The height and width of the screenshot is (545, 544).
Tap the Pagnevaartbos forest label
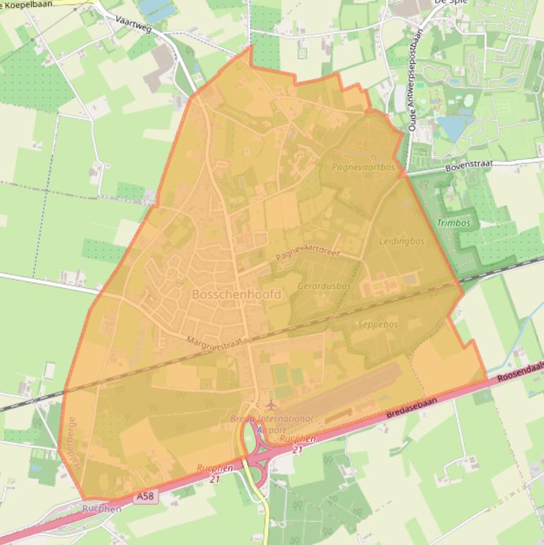[x=363, y=168]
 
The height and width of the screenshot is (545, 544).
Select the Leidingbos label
[x=402, y=241]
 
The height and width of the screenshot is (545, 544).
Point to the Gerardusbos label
[x=324, y=286]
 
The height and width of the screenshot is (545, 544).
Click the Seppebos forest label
[x=378, y=324]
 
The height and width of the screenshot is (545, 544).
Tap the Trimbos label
[x=453, y=223]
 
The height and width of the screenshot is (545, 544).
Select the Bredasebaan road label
[x=422, y=411]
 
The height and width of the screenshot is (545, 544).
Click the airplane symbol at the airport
[x=270, y=404]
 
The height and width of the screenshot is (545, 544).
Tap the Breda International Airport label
[x=271, y=424]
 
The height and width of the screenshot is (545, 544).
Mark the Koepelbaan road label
[x=28, y=4]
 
